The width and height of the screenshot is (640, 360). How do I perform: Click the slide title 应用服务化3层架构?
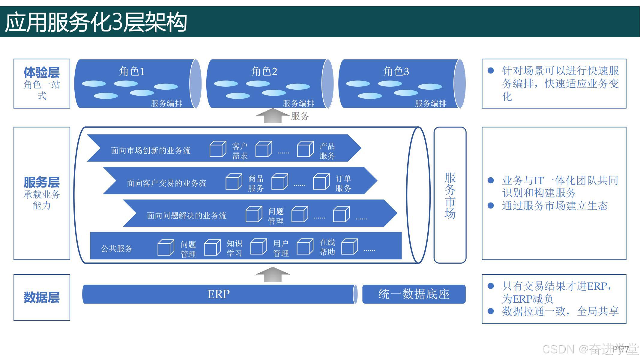(96, 22)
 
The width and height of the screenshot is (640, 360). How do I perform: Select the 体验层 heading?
(42, 73)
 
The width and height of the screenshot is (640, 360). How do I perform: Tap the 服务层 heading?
(42, 182)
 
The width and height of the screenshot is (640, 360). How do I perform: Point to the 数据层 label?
(42, 297)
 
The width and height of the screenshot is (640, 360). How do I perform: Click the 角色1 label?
(132, 71)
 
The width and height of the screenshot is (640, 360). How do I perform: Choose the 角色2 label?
(264, 71)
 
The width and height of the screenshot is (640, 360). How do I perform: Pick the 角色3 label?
(396, 71)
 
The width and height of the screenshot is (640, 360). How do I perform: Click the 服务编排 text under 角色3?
(431, 103)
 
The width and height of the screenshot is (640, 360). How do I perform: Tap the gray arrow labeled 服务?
(273, 116)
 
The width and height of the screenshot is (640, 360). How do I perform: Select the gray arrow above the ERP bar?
(273, 274)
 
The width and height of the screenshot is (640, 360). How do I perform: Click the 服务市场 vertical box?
(450, 195)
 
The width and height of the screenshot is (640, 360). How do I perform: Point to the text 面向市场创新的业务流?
(151, 150)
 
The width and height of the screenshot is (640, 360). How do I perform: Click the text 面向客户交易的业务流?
(166, 183)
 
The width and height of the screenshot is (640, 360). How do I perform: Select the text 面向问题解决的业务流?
(187, 216)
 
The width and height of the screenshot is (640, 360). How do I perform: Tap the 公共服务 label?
(117, 248)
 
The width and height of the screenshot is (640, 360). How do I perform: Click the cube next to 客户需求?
(218, 149)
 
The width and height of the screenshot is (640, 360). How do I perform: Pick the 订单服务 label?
(343, 183)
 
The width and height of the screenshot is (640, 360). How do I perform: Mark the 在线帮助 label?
(327, 247)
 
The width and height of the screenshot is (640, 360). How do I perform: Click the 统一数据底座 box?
(414, 294)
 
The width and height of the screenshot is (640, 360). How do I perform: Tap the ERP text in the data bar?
(219, 294)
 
